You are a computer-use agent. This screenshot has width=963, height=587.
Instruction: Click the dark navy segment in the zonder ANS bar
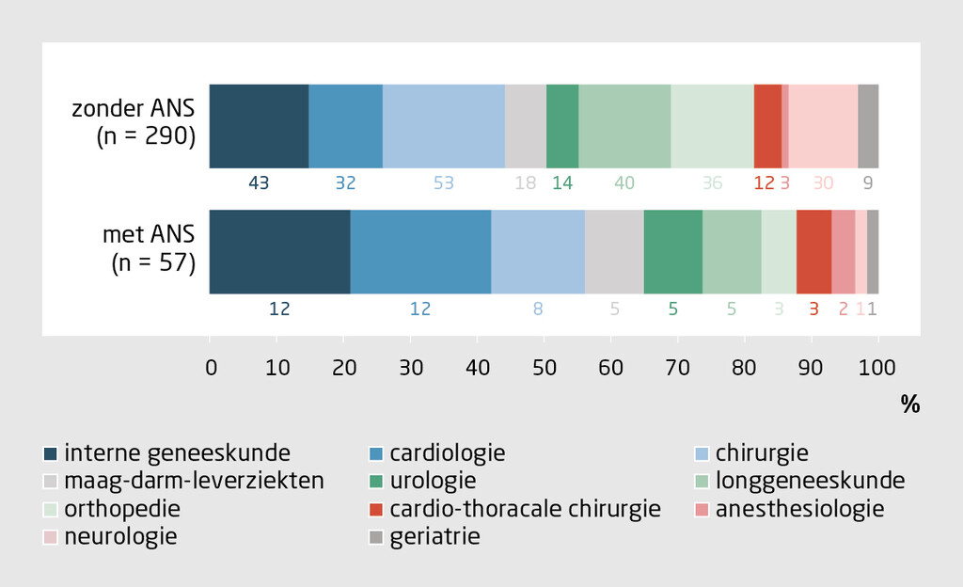click(259, 126)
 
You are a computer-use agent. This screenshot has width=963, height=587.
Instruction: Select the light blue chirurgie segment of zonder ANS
click(443, 126)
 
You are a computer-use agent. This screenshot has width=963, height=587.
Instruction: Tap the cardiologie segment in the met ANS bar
click(420, 251)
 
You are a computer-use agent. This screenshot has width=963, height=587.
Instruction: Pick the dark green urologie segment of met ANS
click(672, 251)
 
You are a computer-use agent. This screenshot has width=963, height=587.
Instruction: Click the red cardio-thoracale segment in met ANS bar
click(813, 251)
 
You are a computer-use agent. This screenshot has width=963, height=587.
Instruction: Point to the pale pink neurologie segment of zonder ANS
click(823, 126)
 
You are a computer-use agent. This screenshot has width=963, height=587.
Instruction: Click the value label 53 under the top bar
click(443, 183)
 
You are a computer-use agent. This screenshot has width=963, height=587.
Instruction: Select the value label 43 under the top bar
click(259, 183)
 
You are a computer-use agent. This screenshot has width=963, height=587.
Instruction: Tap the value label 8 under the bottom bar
click(538, 308)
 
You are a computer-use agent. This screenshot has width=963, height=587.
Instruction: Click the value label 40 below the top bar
click(624, 183)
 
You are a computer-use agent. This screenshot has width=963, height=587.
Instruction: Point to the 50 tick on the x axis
click(545, 368)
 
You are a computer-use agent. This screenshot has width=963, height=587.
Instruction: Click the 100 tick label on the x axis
click(878, 368)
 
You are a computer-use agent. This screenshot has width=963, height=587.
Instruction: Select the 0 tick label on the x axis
click(211, 368)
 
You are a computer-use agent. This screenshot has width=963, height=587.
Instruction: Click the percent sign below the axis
click(909, 405)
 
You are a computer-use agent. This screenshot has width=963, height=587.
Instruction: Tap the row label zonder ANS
click(134, 109)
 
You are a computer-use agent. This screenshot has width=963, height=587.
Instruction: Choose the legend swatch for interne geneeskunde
click(52, 454)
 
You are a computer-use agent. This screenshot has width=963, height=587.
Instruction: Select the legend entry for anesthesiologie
click(799, 509)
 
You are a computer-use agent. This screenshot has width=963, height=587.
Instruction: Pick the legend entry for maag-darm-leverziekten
click(195, 481)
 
